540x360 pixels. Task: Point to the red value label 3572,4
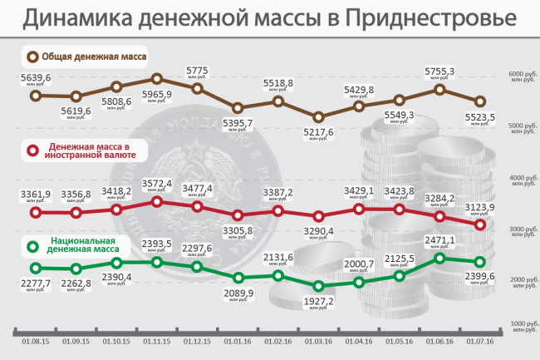157,184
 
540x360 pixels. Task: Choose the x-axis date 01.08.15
35,340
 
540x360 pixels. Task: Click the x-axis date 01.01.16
238,340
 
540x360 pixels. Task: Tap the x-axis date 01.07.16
480,340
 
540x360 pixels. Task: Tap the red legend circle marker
33,151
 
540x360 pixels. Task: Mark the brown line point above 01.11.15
157,79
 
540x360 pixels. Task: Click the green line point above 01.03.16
318,286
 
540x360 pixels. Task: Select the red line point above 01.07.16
480,224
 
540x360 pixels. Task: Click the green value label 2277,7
35,284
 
